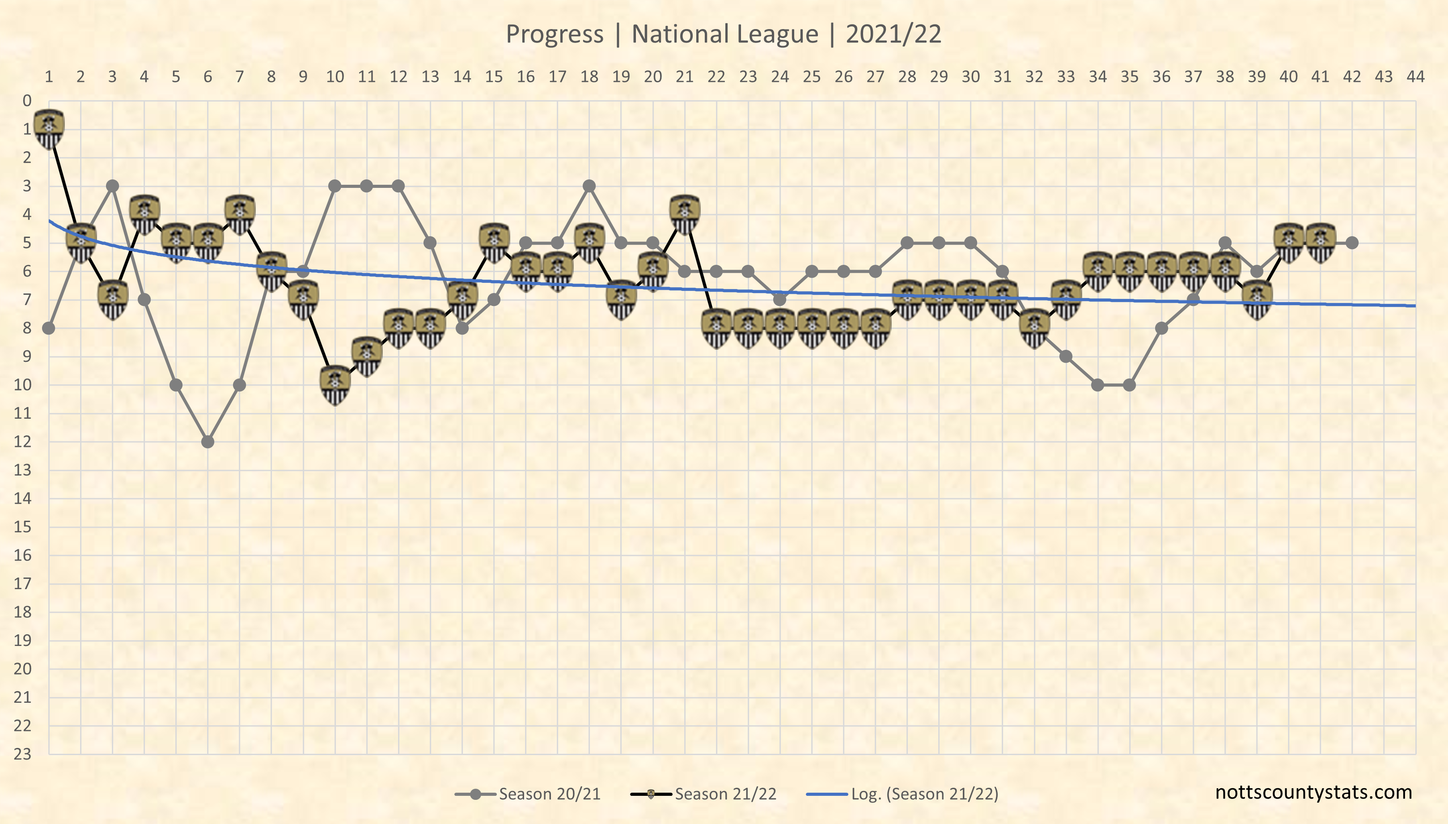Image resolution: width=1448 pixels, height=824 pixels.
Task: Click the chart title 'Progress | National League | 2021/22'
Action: [x=724, y=34]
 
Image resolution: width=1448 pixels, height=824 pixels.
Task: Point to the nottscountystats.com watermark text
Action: [x=1313, y=792]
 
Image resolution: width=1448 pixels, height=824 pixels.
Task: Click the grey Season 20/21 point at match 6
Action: [x=207, y=442]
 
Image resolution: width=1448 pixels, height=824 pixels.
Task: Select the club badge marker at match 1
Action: [x=49, y=129]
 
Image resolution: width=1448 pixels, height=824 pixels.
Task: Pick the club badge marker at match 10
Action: [x=335, y=385]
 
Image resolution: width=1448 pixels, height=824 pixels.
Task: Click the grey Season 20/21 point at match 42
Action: [x=1352, y=243]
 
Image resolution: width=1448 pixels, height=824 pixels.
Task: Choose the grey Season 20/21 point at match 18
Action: [x=589, y=186]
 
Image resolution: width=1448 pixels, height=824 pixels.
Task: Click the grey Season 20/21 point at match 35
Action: [x=1130, y=385]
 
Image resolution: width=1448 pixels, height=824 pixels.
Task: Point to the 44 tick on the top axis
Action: [x=1415, y=76]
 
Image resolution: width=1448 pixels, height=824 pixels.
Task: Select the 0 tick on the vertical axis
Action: [x=26, y=101]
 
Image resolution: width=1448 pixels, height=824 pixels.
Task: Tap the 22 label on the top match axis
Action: [x=716, y=76]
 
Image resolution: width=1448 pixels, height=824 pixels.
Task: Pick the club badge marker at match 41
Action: [x=1320, y=243]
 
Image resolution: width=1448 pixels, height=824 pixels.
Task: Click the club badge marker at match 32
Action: [x=1034, y=328]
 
